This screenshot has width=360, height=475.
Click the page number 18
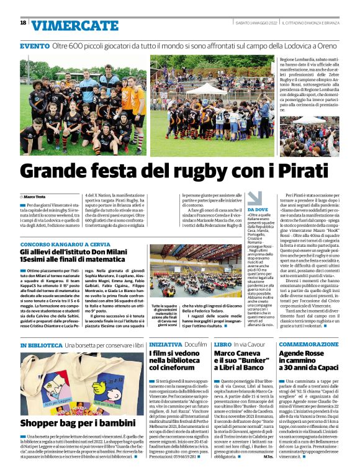23,23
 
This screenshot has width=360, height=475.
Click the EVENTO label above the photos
35,47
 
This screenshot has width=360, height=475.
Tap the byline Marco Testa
38,197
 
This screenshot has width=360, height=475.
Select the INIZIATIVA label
166,344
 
